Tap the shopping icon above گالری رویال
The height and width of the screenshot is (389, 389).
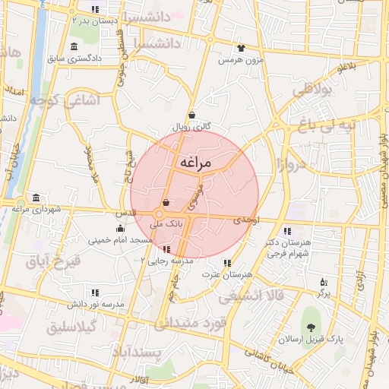coord(191,115)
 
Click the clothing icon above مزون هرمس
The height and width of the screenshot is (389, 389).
coord(242,47)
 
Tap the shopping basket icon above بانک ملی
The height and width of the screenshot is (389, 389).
coord(166,203)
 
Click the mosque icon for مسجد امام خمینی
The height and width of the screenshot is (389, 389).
coord(119,229)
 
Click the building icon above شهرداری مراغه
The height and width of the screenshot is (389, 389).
coord(36,196)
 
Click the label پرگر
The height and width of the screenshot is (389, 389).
coord(324,293)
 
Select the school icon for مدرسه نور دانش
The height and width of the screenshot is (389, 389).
coord(95,292)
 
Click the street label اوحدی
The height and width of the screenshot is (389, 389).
coord(248,219)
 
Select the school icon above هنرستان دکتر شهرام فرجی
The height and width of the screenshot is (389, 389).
coord(287,231)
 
